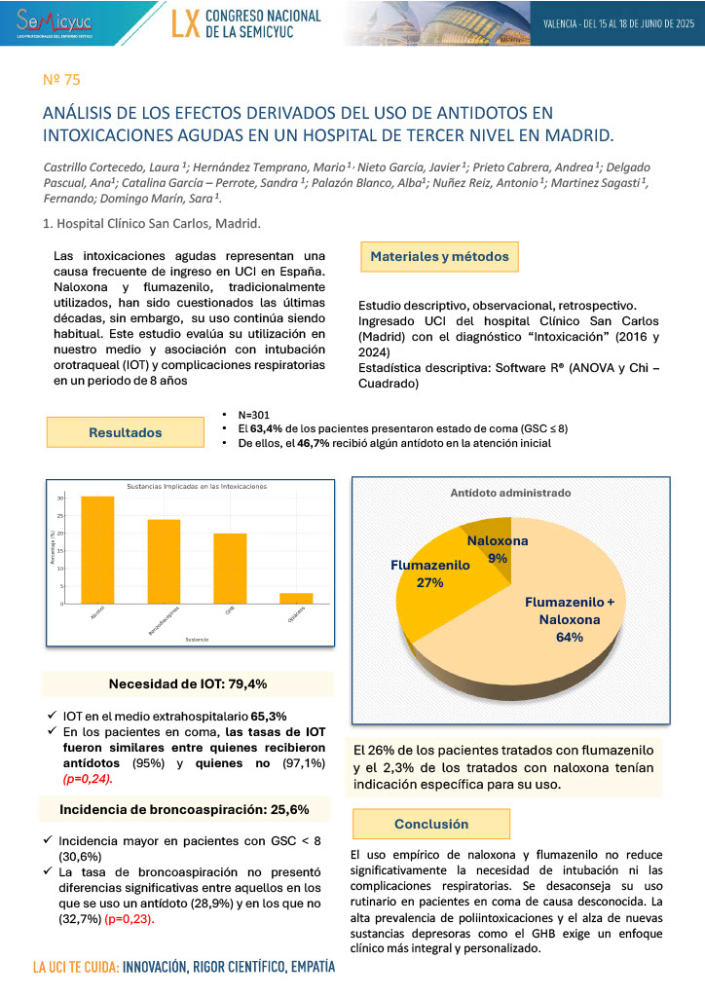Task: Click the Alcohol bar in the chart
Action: click(x=97, y=550)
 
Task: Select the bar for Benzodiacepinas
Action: click(x=164, y=562)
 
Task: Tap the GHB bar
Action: click(x=230, y=569)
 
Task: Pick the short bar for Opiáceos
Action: click(x=296, y=598)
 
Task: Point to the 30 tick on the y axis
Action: click(x=60, y=498)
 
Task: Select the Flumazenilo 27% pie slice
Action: click(x=428, y=584)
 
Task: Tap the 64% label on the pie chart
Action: click(x=570, y=638)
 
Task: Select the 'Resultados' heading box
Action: click(x=126, y=432)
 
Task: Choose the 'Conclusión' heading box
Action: click(x=431, y=824)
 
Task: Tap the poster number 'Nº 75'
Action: click(x=56, y=79)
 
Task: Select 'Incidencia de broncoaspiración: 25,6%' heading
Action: click(x=184, y=809)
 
